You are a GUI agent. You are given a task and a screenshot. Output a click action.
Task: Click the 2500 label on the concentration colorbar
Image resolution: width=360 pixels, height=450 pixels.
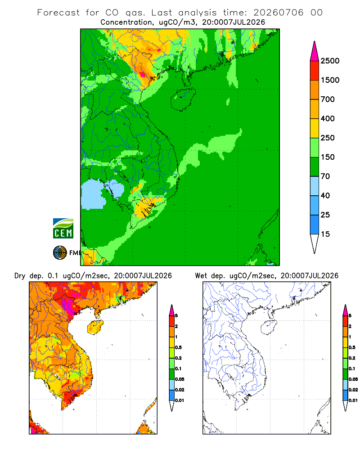[330, 61]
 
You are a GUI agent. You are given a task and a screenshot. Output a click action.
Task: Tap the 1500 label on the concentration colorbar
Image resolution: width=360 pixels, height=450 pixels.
[330, 80]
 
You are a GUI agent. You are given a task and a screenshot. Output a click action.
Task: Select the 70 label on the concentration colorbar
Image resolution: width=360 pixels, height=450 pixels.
[325, 176]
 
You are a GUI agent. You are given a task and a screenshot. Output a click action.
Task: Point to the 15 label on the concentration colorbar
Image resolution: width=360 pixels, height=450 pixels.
[325, 234]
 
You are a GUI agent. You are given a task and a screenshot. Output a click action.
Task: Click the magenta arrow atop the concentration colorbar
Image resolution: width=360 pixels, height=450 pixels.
[315, 52]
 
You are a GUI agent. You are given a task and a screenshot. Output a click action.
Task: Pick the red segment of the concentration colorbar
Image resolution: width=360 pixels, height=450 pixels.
[315, 71]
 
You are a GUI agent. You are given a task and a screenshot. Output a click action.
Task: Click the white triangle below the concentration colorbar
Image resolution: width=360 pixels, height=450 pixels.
[315, 244]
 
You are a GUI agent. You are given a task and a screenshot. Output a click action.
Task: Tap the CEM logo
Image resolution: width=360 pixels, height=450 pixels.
[63, 229]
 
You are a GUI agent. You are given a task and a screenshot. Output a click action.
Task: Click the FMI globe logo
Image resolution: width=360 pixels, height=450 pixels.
[60, 252]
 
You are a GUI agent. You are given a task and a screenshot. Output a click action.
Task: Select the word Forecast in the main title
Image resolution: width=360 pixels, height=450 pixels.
[58, 13]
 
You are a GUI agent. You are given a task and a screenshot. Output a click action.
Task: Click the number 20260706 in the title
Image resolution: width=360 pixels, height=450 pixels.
[278, 13]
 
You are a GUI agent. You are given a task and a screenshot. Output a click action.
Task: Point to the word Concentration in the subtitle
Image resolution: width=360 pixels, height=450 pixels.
[126, 22]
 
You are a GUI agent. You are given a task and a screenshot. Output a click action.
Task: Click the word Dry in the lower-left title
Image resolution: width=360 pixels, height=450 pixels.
[20, 276]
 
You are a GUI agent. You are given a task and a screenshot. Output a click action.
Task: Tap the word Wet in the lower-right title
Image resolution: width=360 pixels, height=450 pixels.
[200, 276]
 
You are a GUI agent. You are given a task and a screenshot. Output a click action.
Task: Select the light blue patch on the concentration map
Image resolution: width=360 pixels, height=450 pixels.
[93, 194]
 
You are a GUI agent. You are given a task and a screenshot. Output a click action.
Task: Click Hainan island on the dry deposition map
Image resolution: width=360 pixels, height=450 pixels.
[95, 327]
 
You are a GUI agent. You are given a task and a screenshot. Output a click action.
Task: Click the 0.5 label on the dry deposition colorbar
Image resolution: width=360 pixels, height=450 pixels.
[178, 347]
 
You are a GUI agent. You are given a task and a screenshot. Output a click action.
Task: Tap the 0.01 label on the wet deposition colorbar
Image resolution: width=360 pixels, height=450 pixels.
[353, 400]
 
